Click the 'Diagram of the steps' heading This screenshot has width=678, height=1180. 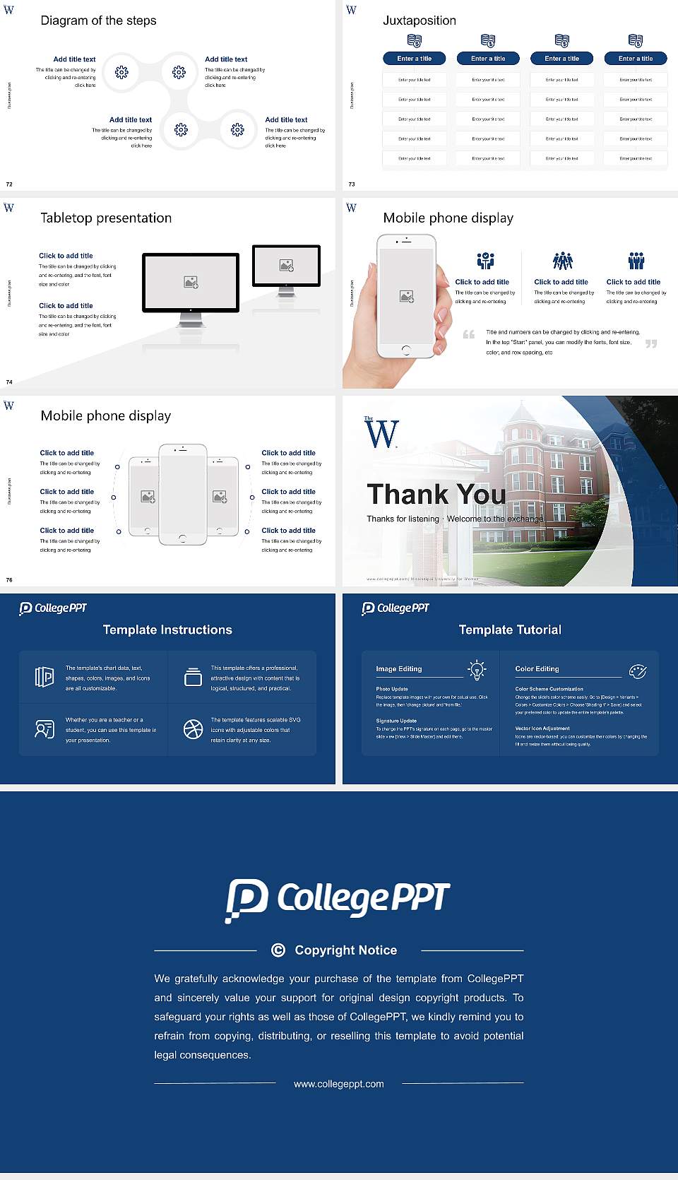pos(98,20)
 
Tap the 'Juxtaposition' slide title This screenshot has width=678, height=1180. pos(419,20)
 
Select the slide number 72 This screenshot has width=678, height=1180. pos(9,184)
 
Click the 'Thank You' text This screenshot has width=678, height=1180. pos(436,494)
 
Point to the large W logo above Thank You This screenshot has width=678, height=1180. pos(381,433)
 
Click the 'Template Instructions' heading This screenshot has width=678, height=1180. pos(167,630)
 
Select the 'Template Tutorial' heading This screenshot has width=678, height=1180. pos(510,630)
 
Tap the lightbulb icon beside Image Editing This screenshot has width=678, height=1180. pos(477,670)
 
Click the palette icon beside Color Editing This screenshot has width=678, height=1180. pos(638,671)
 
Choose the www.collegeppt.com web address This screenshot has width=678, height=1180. pos(339,1084)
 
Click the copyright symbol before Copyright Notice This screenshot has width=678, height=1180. pos(278,950)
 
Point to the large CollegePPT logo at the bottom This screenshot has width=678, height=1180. pos(338,899)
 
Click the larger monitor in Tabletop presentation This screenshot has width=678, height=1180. pos(191,283)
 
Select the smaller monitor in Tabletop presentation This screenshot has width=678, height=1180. pos(286,266)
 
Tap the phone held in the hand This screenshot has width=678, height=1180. pos(406,297)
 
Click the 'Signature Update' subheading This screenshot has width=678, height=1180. pos(396,721)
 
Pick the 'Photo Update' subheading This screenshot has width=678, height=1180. pos(392,689)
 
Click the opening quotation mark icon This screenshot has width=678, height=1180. pos(468,334)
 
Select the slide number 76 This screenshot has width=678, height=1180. pos(9,580)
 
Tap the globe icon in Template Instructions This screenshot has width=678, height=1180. pos(193,729)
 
